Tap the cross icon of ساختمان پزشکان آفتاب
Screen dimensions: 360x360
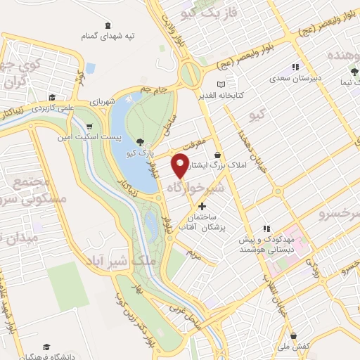tap(203, 206)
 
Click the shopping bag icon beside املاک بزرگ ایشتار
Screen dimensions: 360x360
tap(217, 155)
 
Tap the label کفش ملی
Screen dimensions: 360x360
tap(304, 347)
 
